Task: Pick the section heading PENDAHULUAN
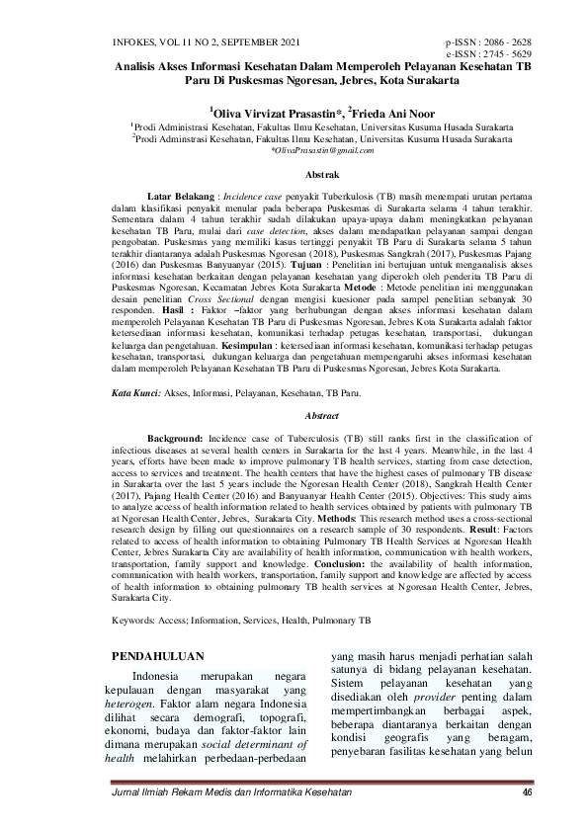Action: point(159,654)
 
